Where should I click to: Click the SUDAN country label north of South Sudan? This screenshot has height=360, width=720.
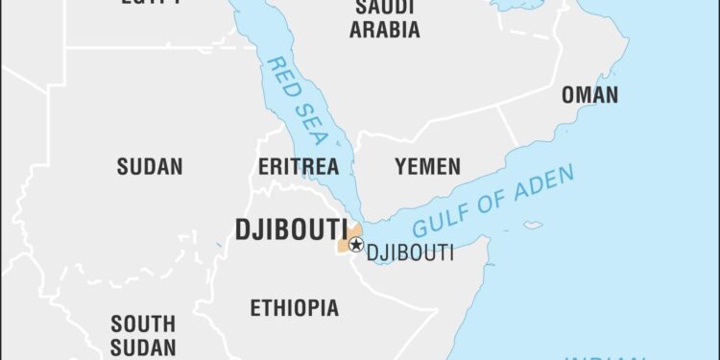[x=149, y=166]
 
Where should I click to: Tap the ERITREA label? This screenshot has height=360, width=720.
[x=299, y=166]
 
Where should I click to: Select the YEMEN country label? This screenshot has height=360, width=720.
[x=427, y=166]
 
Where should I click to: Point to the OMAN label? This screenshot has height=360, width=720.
[x=589, y=94]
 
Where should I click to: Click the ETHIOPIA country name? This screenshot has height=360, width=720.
[x=294, y=308]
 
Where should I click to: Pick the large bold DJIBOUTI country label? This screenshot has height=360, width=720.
[x=291, y=229]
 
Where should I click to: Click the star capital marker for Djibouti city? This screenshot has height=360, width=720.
[x=355, y=245]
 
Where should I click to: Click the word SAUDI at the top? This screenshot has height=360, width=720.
[x=384, y=8]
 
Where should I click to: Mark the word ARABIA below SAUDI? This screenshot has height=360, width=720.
[x=384, y=30]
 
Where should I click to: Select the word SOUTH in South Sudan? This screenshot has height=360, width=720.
[x=142, y=324]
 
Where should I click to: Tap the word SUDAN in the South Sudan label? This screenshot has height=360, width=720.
[x=142, y=347]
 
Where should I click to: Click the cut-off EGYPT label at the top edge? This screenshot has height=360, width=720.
[x=152, y=3]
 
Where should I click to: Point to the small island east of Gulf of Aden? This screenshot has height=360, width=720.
[x=533, y=225]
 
